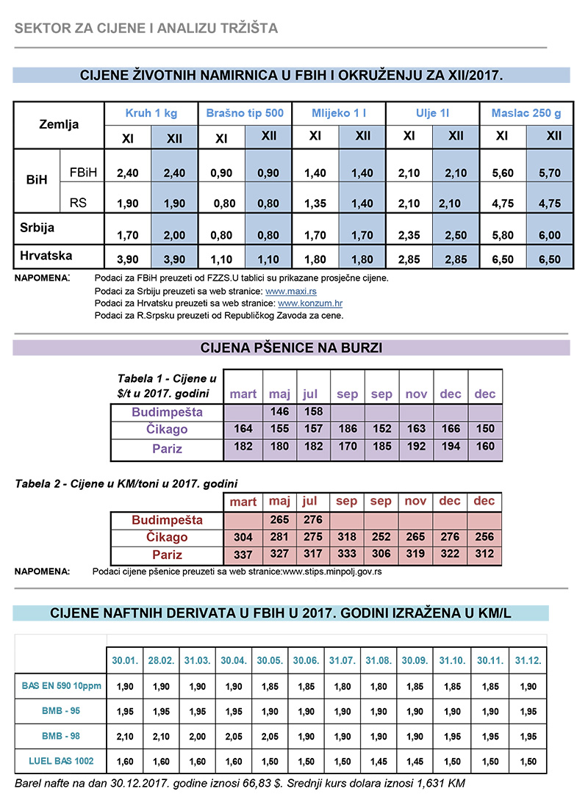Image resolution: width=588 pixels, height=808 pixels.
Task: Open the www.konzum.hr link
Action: [x=310, y=303]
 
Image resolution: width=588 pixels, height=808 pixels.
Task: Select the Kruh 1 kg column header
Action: [x=151, y=114]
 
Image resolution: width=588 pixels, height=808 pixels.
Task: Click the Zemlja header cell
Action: [x=59, y=125]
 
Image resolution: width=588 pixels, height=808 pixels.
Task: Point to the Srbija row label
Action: [x=37, y=228]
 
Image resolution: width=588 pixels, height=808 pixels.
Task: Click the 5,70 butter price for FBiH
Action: [x=549, y=173]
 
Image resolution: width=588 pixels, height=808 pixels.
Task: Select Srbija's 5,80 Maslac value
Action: [x=502, y=235]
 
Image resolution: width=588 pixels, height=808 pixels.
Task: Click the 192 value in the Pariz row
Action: [x=416, y=448]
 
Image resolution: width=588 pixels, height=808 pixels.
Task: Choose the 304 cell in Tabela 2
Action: [x=243, y=538]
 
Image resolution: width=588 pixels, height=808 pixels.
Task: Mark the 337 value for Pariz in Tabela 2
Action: [x=243, y=555]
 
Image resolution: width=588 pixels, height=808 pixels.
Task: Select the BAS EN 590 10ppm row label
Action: [x=61, y=686]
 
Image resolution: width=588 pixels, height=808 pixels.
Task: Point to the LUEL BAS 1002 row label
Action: [x=61, y=760]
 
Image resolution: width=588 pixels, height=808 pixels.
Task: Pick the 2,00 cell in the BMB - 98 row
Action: [x=197, y=736]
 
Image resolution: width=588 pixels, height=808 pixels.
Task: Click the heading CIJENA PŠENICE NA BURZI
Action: [x=291, y=347]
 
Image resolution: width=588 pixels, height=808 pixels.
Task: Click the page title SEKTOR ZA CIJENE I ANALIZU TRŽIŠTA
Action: [x=146, y=29]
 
